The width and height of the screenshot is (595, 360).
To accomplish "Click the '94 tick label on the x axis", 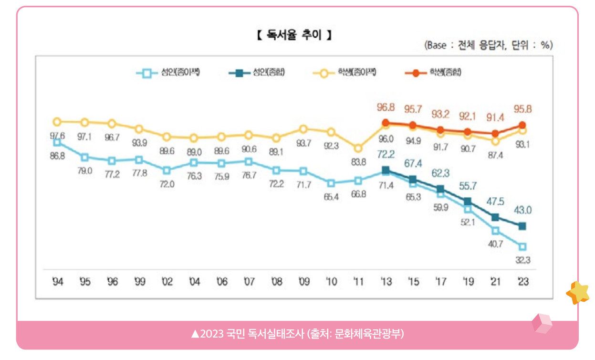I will (x=58, y=282).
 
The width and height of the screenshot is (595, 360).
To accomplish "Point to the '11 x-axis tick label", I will (x=358, y=282).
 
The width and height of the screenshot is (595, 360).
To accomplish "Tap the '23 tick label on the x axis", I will (x=522, y=282).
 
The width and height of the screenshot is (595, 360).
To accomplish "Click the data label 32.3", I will (x=522, y=260).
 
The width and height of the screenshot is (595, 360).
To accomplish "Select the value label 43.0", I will (x=522, y=209).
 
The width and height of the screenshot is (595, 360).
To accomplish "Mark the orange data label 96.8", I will (x=386, y=108).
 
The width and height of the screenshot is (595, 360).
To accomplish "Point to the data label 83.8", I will (x=358, y=161).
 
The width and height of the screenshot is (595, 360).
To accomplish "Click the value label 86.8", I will (x=57, y=156).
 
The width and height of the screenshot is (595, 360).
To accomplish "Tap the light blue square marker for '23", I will (x=522, y=247).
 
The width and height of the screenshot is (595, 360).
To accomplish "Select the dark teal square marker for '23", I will (x=522, y=226).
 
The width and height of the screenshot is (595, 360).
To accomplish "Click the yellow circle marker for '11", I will (x=358, y=148).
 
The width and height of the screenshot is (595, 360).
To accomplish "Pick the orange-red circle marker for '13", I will (x=386, y=123).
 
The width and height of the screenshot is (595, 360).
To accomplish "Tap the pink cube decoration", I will (x=542, y=324).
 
